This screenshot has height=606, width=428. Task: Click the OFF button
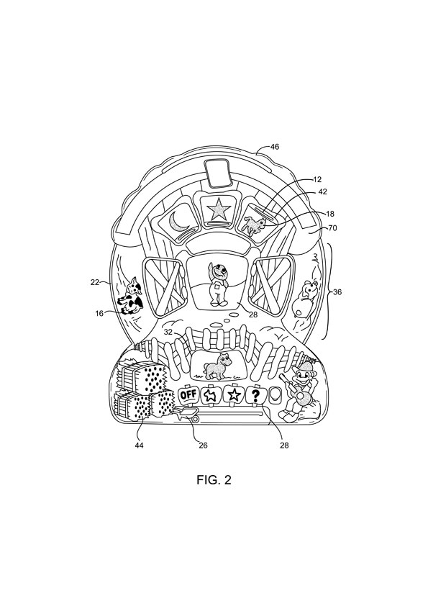188,395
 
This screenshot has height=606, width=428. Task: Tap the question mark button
255,395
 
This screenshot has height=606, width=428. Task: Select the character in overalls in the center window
217,284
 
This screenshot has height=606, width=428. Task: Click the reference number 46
274,147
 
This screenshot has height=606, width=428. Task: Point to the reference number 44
139,446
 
